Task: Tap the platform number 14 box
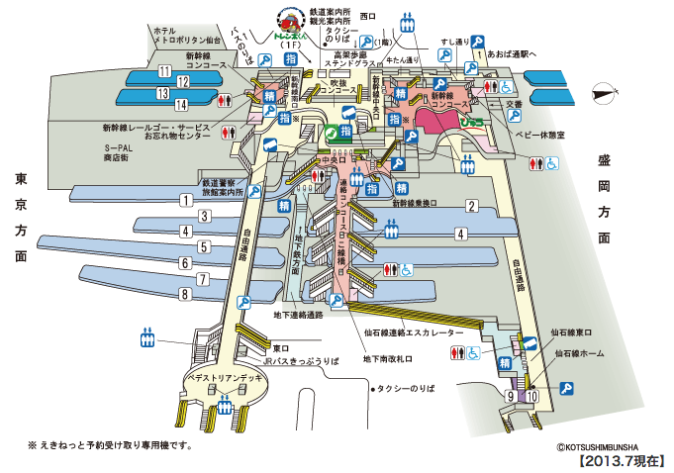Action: [181, 104]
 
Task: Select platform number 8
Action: [183, 294]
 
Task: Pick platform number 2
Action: [473, 206]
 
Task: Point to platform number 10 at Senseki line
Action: [532, 396]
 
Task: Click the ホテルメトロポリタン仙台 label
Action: [189, 38]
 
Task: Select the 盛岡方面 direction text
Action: [605, 198]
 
